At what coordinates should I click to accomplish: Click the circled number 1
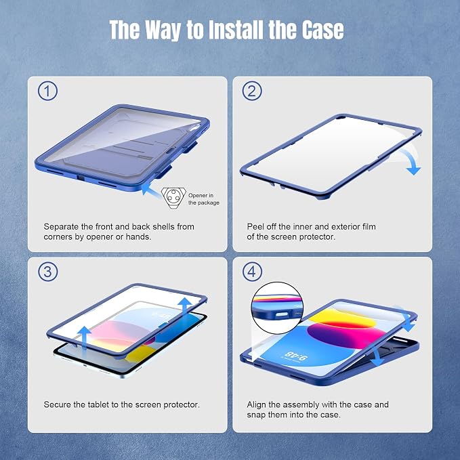[x=47, y=91]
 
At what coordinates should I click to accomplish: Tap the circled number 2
[x=252, y=91]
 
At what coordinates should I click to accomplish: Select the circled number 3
[x=47, y=272]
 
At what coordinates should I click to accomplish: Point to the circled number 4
[x=252, y=272]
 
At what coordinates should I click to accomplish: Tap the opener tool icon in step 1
[x=173, y=198]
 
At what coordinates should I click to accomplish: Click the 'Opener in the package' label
[x=204, y=199]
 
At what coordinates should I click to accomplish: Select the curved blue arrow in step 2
[x=412, y=161]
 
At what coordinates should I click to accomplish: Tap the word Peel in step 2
[x=253, y=227]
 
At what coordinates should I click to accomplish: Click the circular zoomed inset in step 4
[x=277, y=308]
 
